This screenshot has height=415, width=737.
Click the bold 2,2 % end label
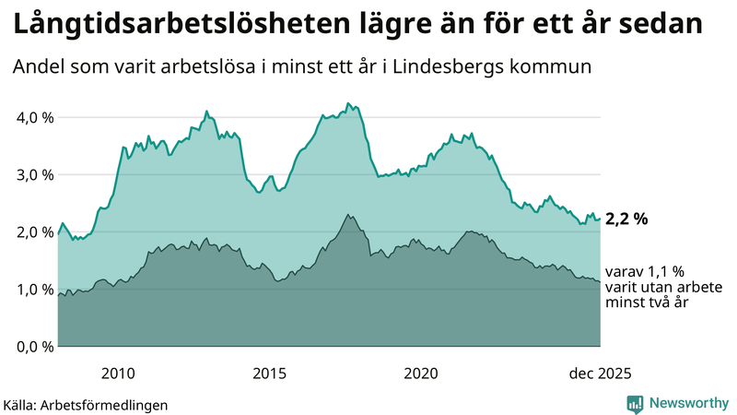click(627, 219)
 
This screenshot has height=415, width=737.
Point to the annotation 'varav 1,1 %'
click(646, 273)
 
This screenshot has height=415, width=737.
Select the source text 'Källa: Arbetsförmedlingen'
click(86, 404)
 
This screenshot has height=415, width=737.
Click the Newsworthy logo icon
click(635, 403)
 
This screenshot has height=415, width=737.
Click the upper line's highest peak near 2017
click(347, 103)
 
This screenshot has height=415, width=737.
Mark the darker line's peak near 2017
click(347, 215)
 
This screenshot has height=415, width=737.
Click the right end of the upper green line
click(600, 219)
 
